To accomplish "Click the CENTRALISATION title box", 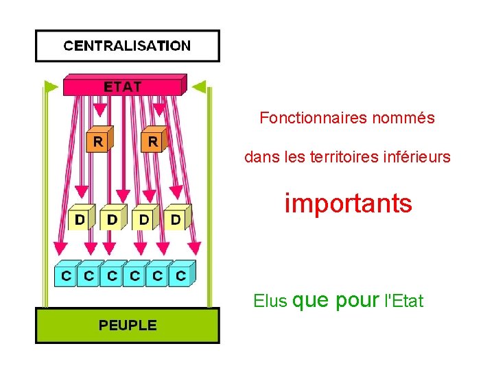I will [128, 46].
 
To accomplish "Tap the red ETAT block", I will [123, 86].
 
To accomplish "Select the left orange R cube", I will [99, 141].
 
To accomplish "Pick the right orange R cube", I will [153, 141].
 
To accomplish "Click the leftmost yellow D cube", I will [80, 219].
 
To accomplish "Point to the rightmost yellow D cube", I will [176, 219].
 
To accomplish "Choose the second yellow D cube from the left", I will [112, 219].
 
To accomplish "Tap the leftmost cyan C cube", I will [66, 275].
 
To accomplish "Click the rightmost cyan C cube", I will [180, 275].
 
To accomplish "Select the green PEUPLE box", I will [128, 325].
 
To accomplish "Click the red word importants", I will [349, 203].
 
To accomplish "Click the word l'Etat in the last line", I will [404, 300].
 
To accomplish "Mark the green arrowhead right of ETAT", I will [199, 86].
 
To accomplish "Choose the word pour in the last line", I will [358, 300].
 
